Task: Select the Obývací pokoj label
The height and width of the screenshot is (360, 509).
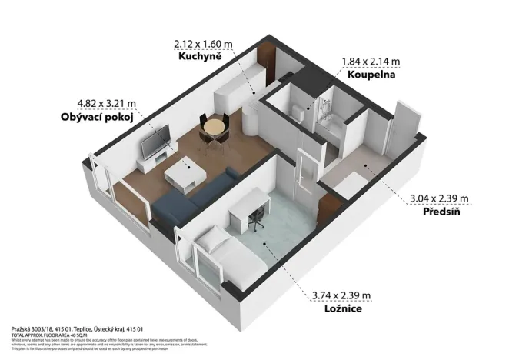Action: click(x=97, y=118)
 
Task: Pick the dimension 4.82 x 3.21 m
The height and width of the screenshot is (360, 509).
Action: click(x=107, y=104)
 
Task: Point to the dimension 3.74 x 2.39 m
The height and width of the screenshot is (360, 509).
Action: click(x=341, y=295)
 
